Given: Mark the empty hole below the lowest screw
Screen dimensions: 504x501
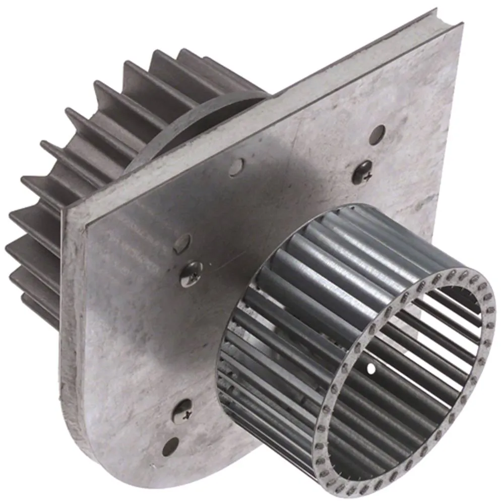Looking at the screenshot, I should click(x=171, y=446).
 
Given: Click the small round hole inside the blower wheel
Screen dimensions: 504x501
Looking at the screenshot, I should click(x=371, y=369).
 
